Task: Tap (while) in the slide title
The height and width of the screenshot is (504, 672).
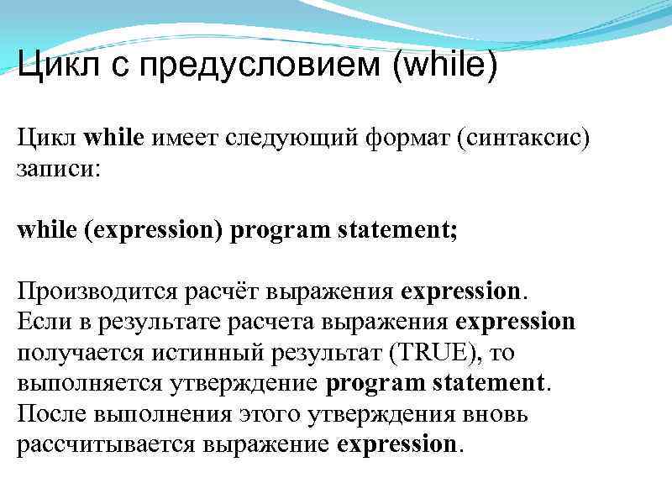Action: tap(444, 66)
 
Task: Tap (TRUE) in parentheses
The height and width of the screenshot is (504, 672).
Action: tap(430, 352)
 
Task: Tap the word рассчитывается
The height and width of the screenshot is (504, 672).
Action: tap(106, 444)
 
